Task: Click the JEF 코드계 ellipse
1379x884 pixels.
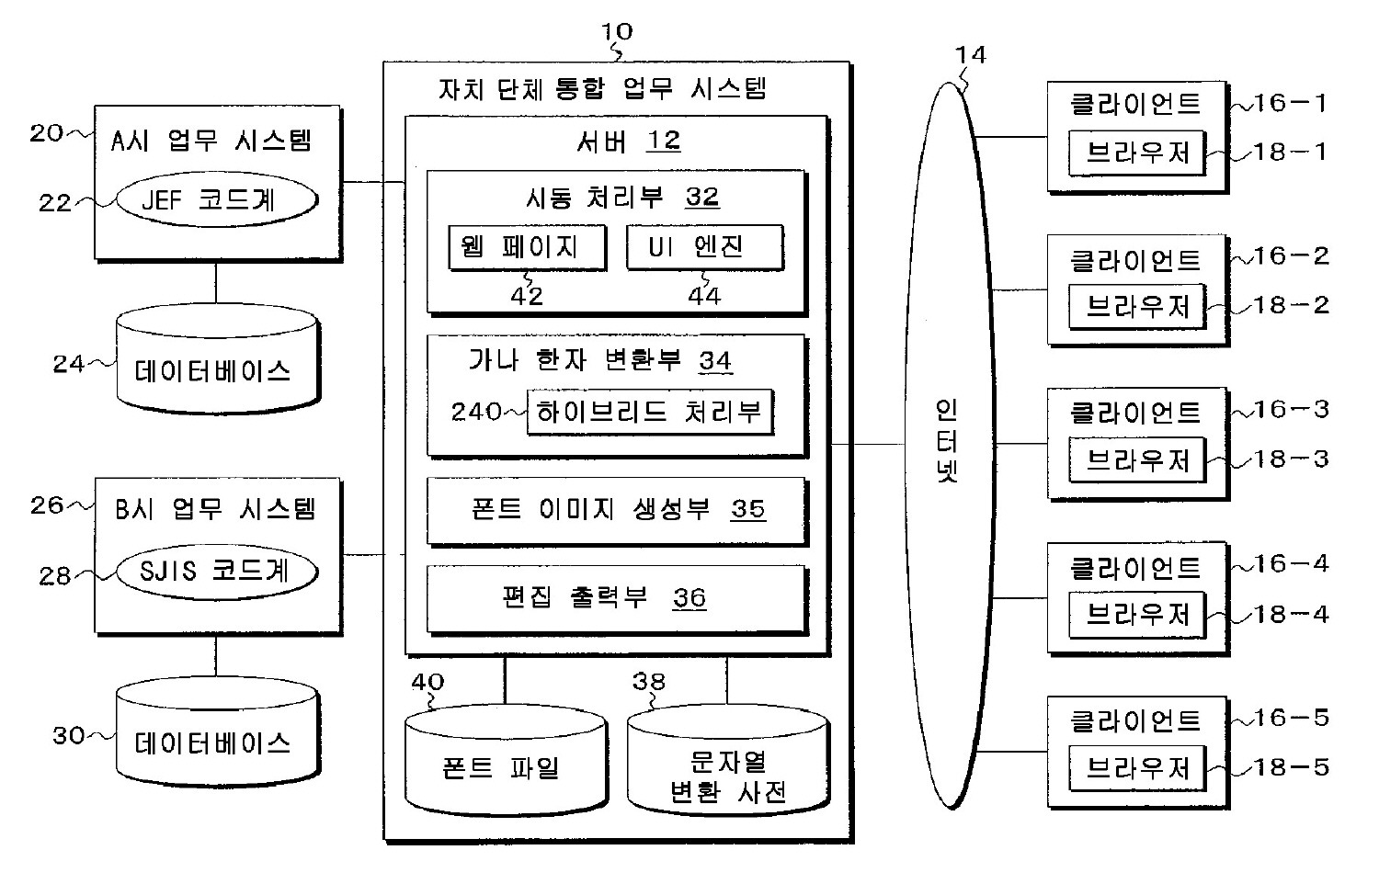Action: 217,199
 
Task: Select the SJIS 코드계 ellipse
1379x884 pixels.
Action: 217,571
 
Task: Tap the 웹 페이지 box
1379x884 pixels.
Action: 527,246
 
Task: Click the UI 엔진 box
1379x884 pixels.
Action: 704,246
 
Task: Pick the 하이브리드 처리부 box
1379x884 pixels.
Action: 649,412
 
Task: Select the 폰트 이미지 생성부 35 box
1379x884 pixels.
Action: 616,509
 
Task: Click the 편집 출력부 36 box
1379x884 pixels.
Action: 616,598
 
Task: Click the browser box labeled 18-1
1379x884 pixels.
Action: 1136,153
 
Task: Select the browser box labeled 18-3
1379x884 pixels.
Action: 1136,459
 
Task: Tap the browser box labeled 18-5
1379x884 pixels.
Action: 1136,767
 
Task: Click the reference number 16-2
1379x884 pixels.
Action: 1292,256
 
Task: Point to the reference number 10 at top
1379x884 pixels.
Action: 617,31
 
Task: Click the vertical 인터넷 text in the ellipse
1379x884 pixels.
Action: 947,441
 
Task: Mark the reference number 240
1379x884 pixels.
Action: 475,412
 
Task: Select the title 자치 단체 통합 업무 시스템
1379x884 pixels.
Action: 602,89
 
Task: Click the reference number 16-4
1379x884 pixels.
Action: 1292,564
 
